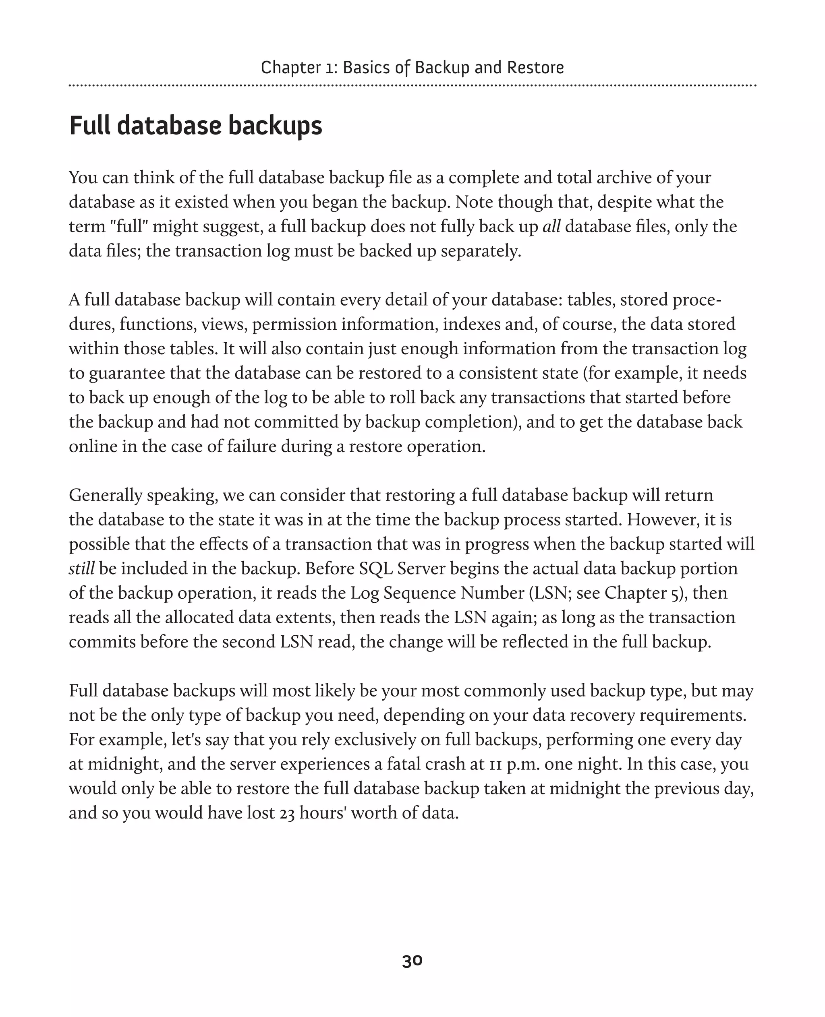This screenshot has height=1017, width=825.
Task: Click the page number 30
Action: [412, 961]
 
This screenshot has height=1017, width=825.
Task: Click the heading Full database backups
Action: [195, 126]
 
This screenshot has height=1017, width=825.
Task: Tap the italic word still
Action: [82, 568]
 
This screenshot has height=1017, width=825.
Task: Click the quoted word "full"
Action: [129, 227]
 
